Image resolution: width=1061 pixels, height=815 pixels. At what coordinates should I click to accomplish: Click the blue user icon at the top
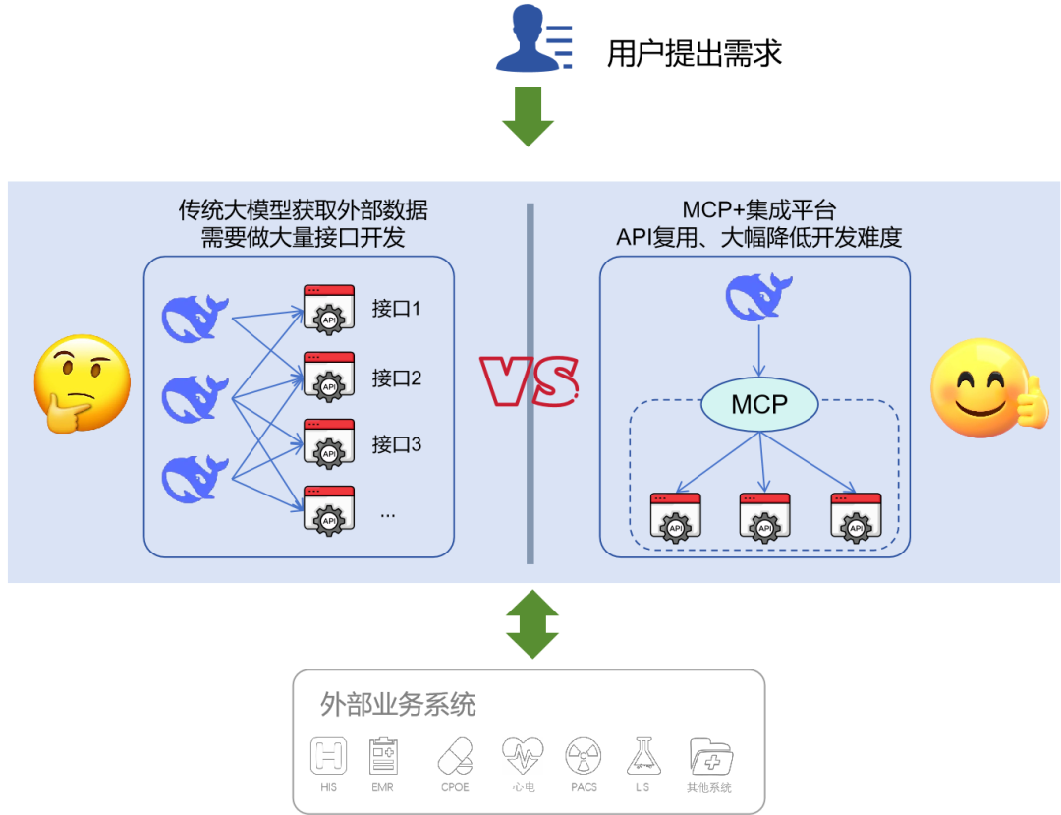pos(530,39)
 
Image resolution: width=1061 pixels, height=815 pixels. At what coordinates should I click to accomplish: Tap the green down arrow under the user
pos(529,116)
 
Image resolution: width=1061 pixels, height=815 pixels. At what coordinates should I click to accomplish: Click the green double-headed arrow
pos(531,624)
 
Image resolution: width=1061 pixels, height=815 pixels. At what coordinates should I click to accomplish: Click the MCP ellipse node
pos(759,404)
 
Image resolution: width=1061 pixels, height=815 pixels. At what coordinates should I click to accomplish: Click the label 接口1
pos(396,309)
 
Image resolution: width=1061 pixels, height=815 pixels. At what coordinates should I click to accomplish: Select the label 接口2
pos(396,378)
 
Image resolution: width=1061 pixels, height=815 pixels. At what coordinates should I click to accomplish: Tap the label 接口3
pos(396,444)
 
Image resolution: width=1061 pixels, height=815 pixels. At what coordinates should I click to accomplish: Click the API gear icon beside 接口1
pos(328,311)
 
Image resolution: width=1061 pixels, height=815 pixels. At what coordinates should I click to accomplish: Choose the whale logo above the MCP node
pos(758,298)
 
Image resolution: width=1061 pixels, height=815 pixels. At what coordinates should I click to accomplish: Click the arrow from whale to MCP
pos(758,351)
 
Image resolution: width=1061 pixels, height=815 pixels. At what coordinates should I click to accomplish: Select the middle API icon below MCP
pos(764,518)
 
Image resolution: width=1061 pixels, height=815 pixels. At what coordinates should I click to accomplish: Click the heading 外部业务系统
pos(397,704)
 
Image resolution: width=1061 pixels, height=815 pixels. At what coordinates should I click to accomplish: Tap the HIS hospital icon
pos(329,756)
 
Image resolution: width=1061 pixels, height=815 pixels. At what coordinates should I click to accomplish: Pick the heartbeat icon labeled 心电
pos(522,756)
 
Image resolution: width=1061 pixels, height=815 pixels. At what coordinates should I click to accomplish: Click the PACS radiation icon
pos(584,756)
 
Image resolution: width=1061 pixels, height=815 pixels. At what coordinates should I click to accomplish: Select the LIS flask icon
pos(643,756)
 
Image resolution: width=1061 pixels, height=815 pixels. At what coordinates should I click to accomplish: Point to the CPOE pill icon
pos(455,756)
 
